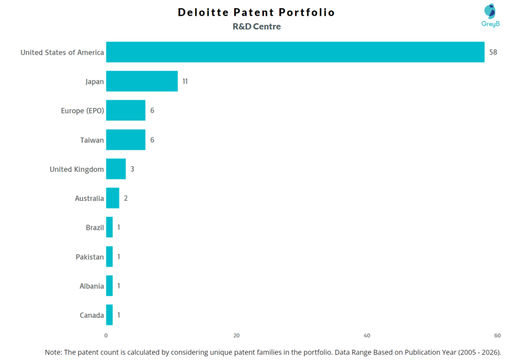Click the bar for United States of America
point(295,52)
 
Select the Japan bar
point(142,81)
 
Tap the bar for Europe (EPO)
point(126,110)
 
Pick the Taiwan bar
point(126,140)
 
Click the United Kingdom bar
point(116,169)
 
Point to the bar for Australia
point(112,198)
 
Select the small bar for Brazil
point(109,227)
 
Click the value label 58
point(493,52)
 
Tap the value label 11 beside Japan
point(185,81)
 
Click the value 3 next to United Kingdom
point(132,169)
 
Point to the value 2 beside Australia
point(126,198)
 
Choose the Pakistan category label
point(90,257)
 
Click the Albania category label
point(92,286)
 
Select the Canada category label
point(92,315)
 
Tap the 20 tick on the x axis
point(237,335)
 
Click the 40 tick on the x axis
point(367,335)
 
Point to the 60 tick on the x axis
point(497,335)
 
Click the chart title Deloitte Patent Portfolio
point(256,12)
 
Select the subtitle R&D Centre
point(256,27)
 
